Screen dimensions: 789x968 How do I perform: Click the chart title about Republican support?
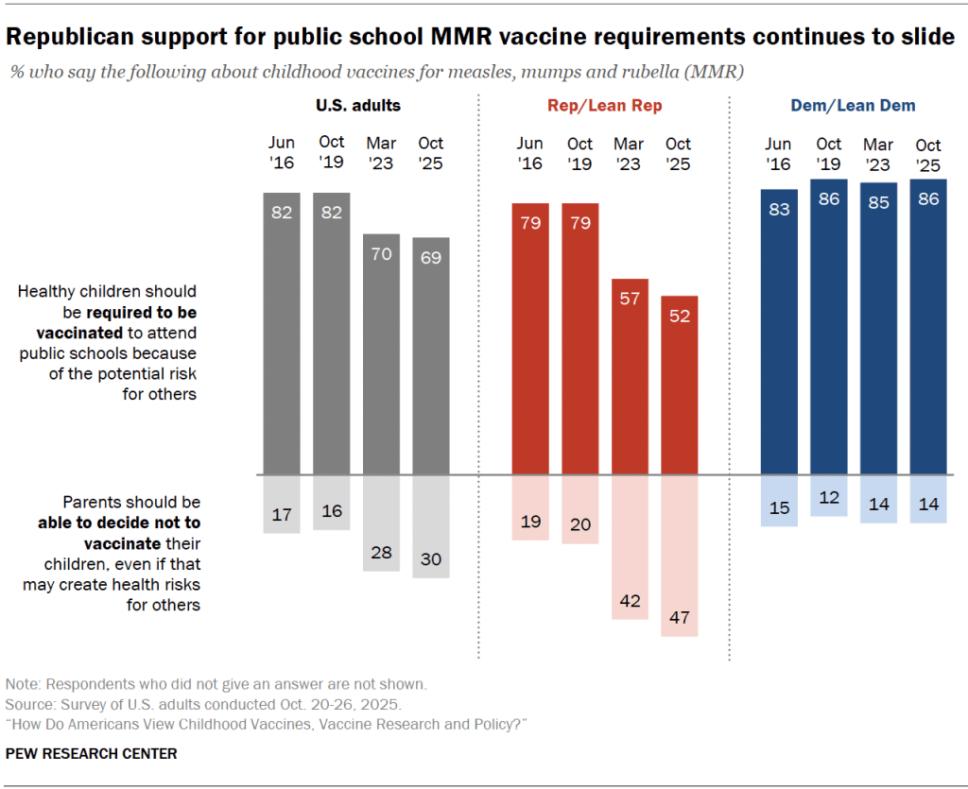481,37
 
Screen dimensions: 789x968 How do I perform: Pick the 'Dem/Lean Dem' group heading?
853,106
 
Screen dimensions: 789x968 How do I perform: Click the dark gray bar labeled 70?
381,353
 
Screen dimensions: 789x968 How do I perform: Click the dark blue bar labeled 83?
779,332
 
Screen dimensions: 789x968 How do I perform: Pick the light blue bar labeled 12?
829,495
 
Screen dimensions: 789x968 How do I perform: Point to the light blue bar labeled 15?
779,500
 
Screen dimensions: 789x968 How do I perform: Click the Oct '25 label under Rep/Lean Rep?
679,153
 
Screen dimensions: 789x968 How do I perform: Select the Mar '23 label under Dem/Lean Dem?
878,153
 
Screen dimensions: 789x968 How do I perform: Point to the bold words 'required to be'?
142,312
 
